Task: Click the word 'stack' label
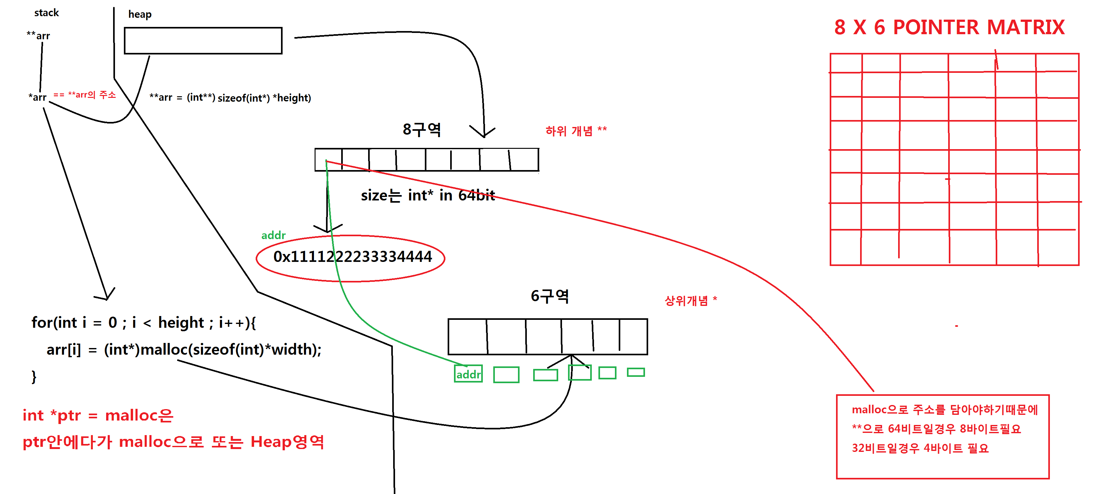(x=46, y=13)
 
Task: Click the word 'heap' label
(x=140, y=15)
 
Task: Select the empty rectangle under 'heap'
(x=203, y=41)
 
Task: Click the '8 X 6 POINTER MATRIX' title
(x=949, y=28)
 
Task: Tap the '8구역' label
(x=422, y=130)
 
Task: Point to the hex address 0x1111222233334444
(x=352, y=257)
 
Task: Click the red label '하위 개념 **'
(x=576, y=131)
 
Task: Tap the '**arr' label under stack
(x=38, y=35)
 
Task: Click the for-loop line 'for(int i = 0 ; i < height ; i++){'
(x=144, y=322)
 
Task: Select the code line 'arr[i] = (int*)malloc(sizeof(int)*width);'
(x=184, y=350)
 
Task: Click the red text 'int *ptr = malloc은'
(x=98, y=415)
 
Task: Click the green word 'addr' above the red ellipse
(x=273, y=235)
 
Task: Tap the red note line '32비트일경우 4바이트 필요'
(x=920, y=448)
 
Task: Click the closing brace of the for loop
(x=34, y=377)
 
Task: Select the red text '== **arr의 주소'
(x=85, y=95)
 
